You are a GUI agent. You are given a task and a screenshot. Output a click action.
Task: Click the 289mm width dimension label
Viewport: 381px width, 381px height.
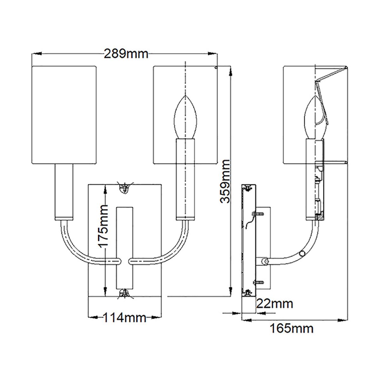126,54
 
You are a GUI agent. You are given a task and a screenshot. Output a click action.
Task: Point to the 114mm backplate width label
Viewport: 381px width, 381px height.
124,317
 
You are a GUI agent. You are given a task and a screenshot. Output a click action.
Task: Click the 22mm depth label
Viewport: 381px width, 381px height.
274,304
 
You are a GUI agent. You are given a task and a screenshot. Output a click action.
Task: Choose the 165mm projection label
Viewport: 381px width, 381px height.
291,328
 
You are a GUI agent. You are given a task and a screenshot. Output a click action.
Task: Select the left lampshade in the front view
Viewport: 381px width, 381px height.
64,115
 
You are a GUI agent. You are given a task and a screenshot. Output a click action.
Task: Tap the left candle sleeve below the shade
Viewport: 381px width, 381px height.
64,192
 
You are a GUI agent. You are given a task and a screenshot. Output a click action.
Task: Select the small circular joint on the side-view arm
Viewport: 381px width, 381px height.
302,254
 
